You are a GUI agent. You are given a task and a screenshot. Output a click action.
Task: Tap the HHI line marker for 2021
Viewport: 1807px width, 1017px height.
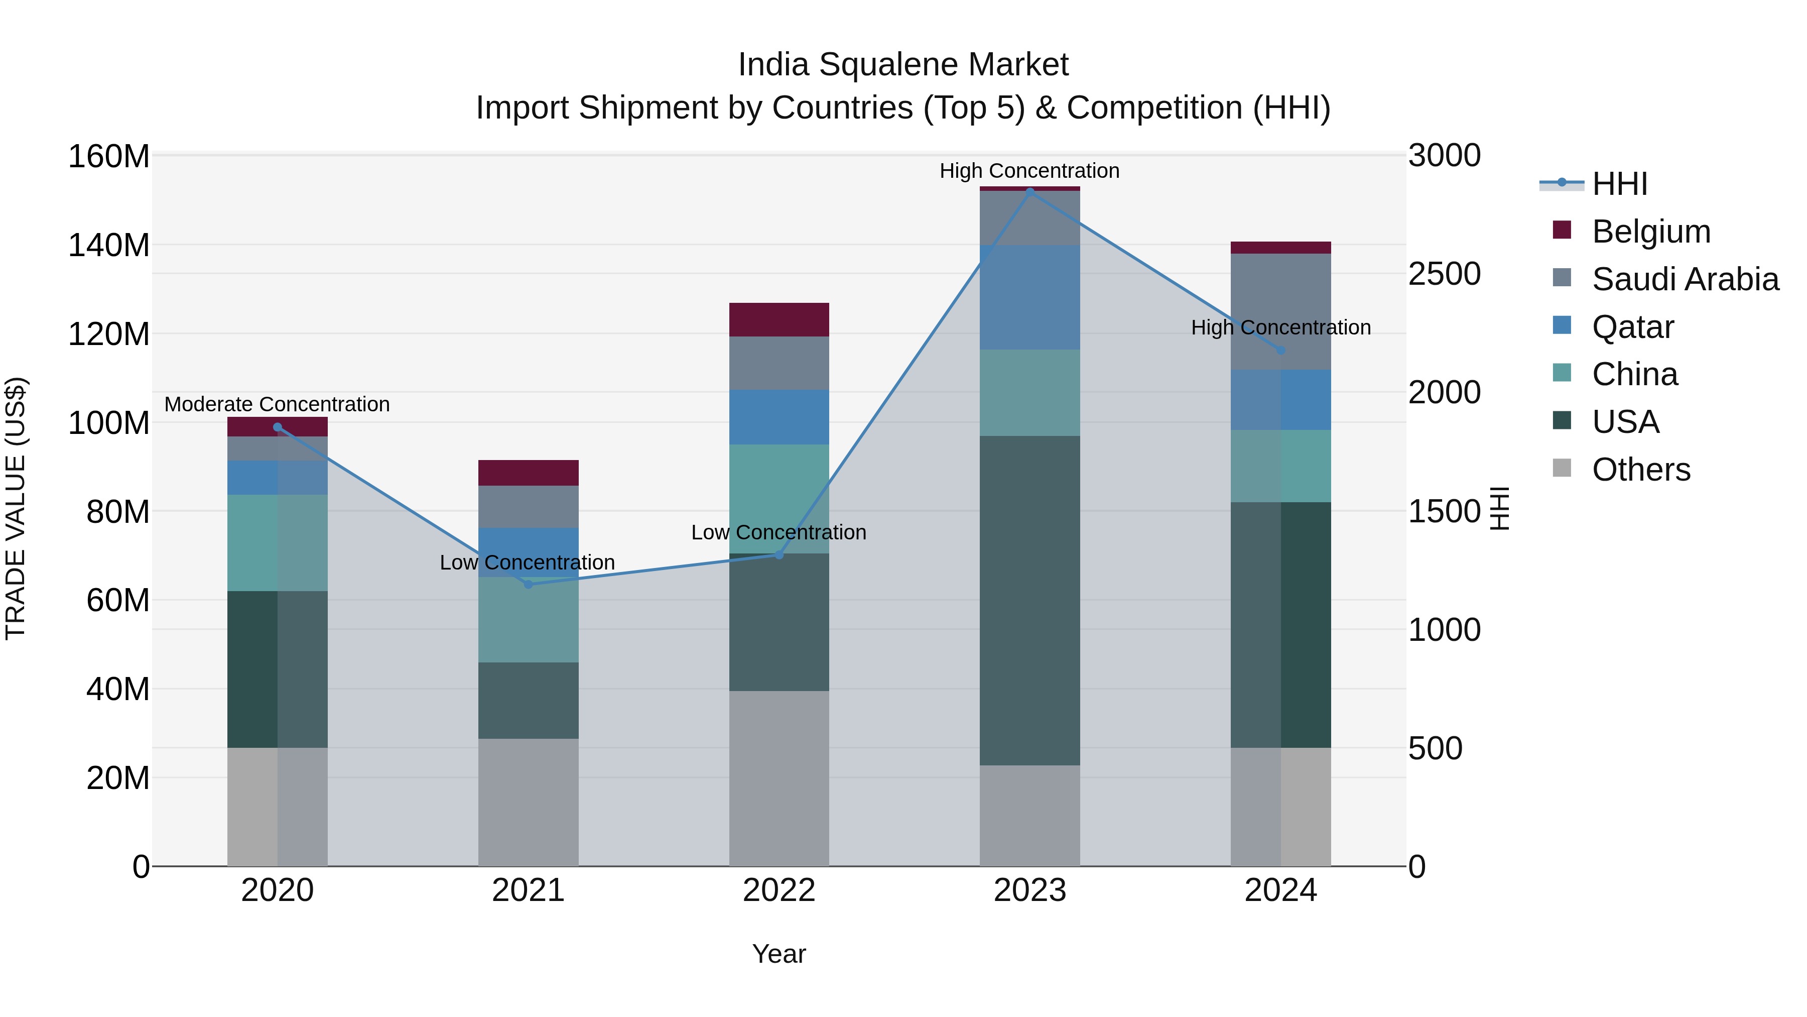[528, 584]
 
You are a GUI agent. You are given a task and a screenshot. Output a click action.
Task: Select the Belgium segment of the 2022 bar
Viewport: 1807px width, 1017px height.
[779, 319]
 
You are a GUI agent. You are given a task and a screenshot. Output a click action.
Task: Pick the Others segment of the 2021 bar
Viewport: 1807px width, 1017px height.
[528, 802]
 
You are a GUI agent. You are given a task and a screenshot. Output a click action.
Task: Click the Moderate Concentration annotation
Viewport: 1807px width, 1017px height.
[277, 404]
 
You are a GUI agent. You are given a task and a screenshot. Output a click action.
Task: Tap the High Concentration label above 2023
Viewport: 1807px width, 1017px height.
[1029, 171]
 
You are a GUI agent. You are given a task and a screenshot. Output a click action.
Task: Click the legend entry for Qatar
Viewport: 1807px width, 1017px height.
[1632, 327]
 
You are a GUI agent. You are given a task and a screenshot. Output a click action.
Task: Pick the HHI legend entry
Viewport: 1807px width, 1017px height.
[1619, 184]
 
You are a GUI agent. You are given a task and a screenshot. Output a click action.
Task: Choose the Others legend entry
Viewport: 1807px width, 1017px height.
[1641, 470]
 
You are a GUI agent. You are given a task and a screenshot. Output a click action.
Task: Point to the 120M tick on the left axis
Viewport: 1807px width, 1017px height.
[109, 334]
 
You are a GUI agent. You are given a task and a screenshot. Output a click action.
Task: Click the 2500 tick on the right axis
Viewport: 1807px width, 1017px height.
[1444, 274]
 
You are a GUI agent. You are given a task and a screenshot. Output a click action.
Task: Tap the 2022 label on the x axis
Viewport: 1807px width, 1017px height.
[779, 890]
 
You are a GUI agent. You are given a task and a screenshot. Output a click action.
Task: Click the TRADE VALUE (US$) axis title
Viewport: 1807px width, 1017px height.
[16, 508]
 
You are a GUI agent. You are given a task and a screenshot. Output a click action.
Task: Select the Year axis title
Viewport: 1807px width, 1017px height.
[779, 954]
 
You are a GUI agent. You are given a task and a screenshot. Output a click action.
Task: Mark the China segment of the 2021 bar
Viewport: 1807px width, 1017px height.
[528, 620]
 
